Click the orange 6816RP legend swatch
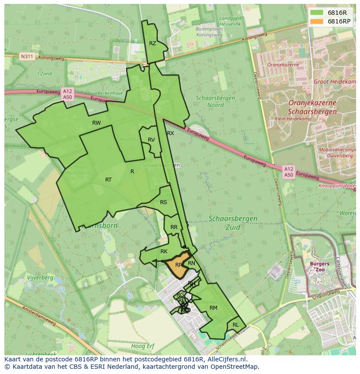click(317, 21)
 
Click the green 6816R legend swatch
click(317, 13)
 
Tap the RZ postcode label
click(153, 43)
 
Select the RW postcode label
click(97, 123)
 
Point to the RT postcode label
click(108, 180)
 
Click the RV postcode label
click(151, 140)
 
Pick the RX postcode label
click(170, 133)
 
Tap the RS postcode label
click(163, 202)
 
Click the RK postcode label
click(164, 252)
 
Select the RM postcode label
click(213, 308)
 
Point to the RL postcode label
click(236, 325)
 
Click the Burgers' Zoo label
click(320, 266)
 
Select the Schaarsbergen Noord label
click(216, 102)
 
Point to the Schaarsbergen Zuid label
click(233, 222)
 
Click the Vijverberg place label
click(40, 278)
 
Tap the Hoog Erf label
click(143, 346)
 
